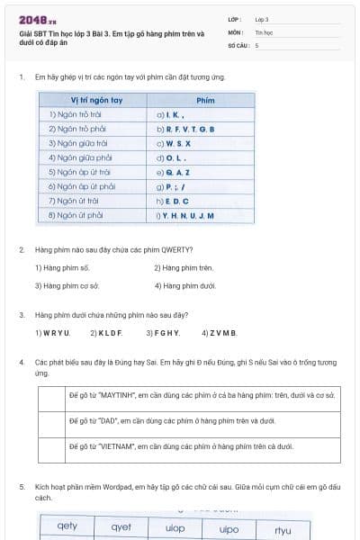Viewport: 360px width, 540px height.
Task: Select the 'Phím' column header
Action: pyautogui.click(x=204, y=101)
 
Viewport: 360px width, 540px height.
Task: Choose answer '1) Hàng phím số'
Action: pyautogui.click(x=63, y=267)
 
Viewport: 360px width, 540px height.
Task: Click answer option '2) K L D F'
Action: pyautogui.click(x=105, y=333)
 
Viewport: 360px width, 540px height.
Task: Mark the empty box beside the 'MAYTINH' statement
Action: pyautogui.click(x=52, y=395)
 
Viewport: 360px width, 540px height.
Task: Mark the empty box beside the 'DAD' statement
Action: pyautogui.click(x=52, y=420)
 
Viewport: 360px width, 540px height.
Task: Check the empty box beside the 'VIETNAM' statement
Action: pyautogui.click(x=52, y=446)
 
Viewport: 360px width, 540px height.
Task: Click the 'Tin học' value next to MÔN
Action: pyautogui.click(x=264, y=31)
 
